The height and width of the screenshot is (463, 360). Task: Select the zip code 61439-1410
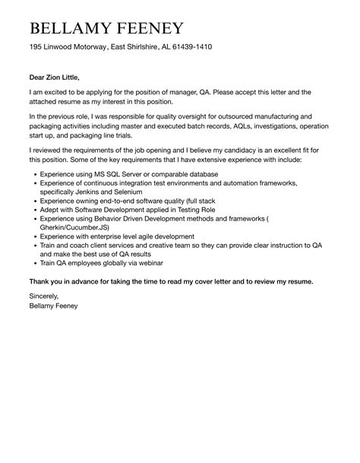188,47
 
